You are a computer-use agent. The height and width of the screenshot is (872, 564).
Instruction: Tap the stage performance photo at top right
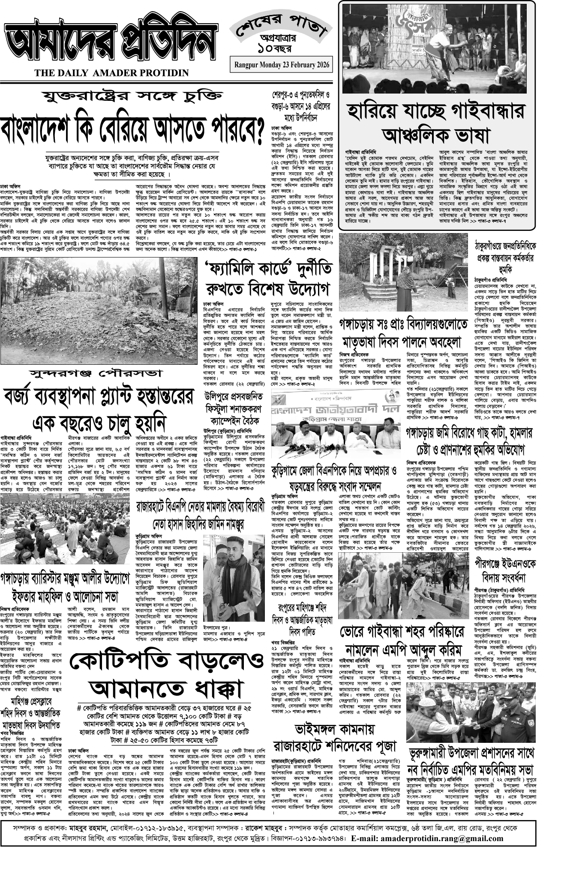[x=436, y=48]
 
